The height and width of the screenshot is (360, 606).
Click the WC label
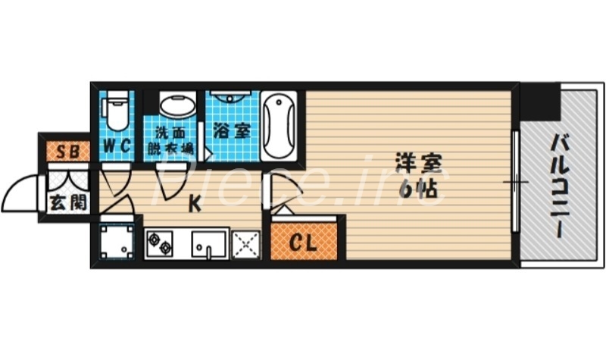pos(116,145)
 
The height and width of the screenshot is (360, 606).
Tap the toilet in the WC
pos(116,111)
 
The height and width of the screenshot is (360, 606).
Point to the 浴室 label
pos(232,130)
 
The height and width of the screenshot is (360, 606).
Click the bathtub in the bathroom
pos(280,125)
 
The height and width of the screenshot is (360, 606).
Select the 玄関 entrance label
pos(67,202)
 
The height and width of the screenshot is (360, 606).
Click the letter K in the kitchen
pos(195,203)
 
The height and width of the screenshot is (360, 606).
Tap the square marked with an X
pos(246,244)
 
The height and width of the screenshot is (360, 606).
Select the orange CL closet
pos(304,245)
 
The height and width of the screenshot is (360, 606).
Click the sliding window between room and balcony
pos(516,183)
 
